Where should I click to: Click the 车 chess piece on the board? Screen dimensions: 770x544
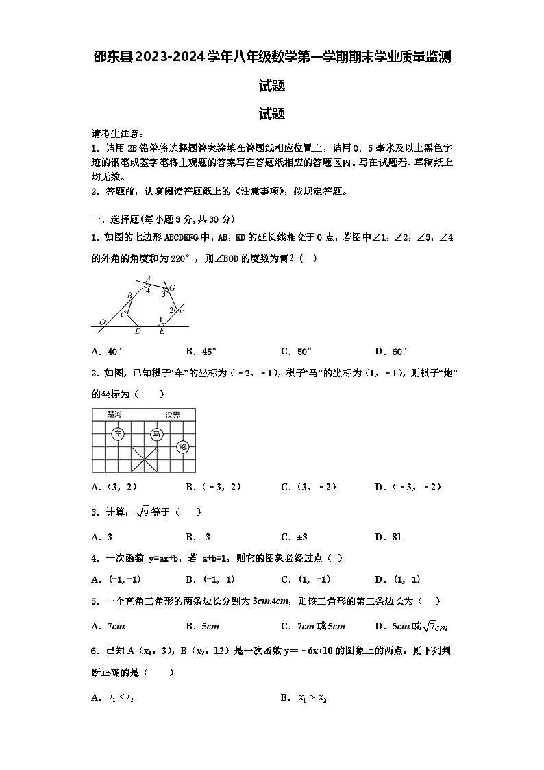click(x=118, y=433)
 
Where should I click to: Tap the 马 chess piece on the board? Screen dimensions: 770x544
click(x=156, y=433)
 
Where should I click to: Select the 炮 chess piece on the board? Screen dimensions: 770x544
click(x=182, y=446)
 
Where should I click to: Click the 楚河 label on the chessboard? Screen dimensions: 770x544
click(x=114, y=414)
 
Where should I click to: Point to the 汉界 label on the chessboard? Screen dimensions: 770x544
click(x=173, y=415)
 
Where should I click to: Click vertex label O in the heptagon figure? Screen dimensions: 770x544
click(x=102, y=322)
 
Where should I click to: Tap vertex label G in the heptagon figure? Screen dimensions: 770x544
click(x=171, y=288)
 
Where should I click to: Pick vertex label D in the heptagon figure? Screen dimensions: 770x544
click(x=138, y=332)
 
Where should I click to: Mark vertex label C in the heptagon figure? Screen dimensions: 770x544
click(x=123, y=315)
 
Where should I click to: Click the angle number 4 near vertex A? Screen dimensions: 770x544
click(x=147, y=291)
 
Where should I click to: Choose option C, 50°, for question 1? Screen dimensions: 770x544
click(x=296, y=352)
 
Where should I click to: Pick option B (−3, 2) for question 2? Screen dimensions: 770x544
click(x=214, y=487)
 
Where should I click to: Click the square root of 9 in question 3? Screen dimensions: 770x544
click(x=143, y=512)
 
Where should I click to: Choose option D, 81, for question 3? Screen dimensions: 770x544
click(x=388, y=537)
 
